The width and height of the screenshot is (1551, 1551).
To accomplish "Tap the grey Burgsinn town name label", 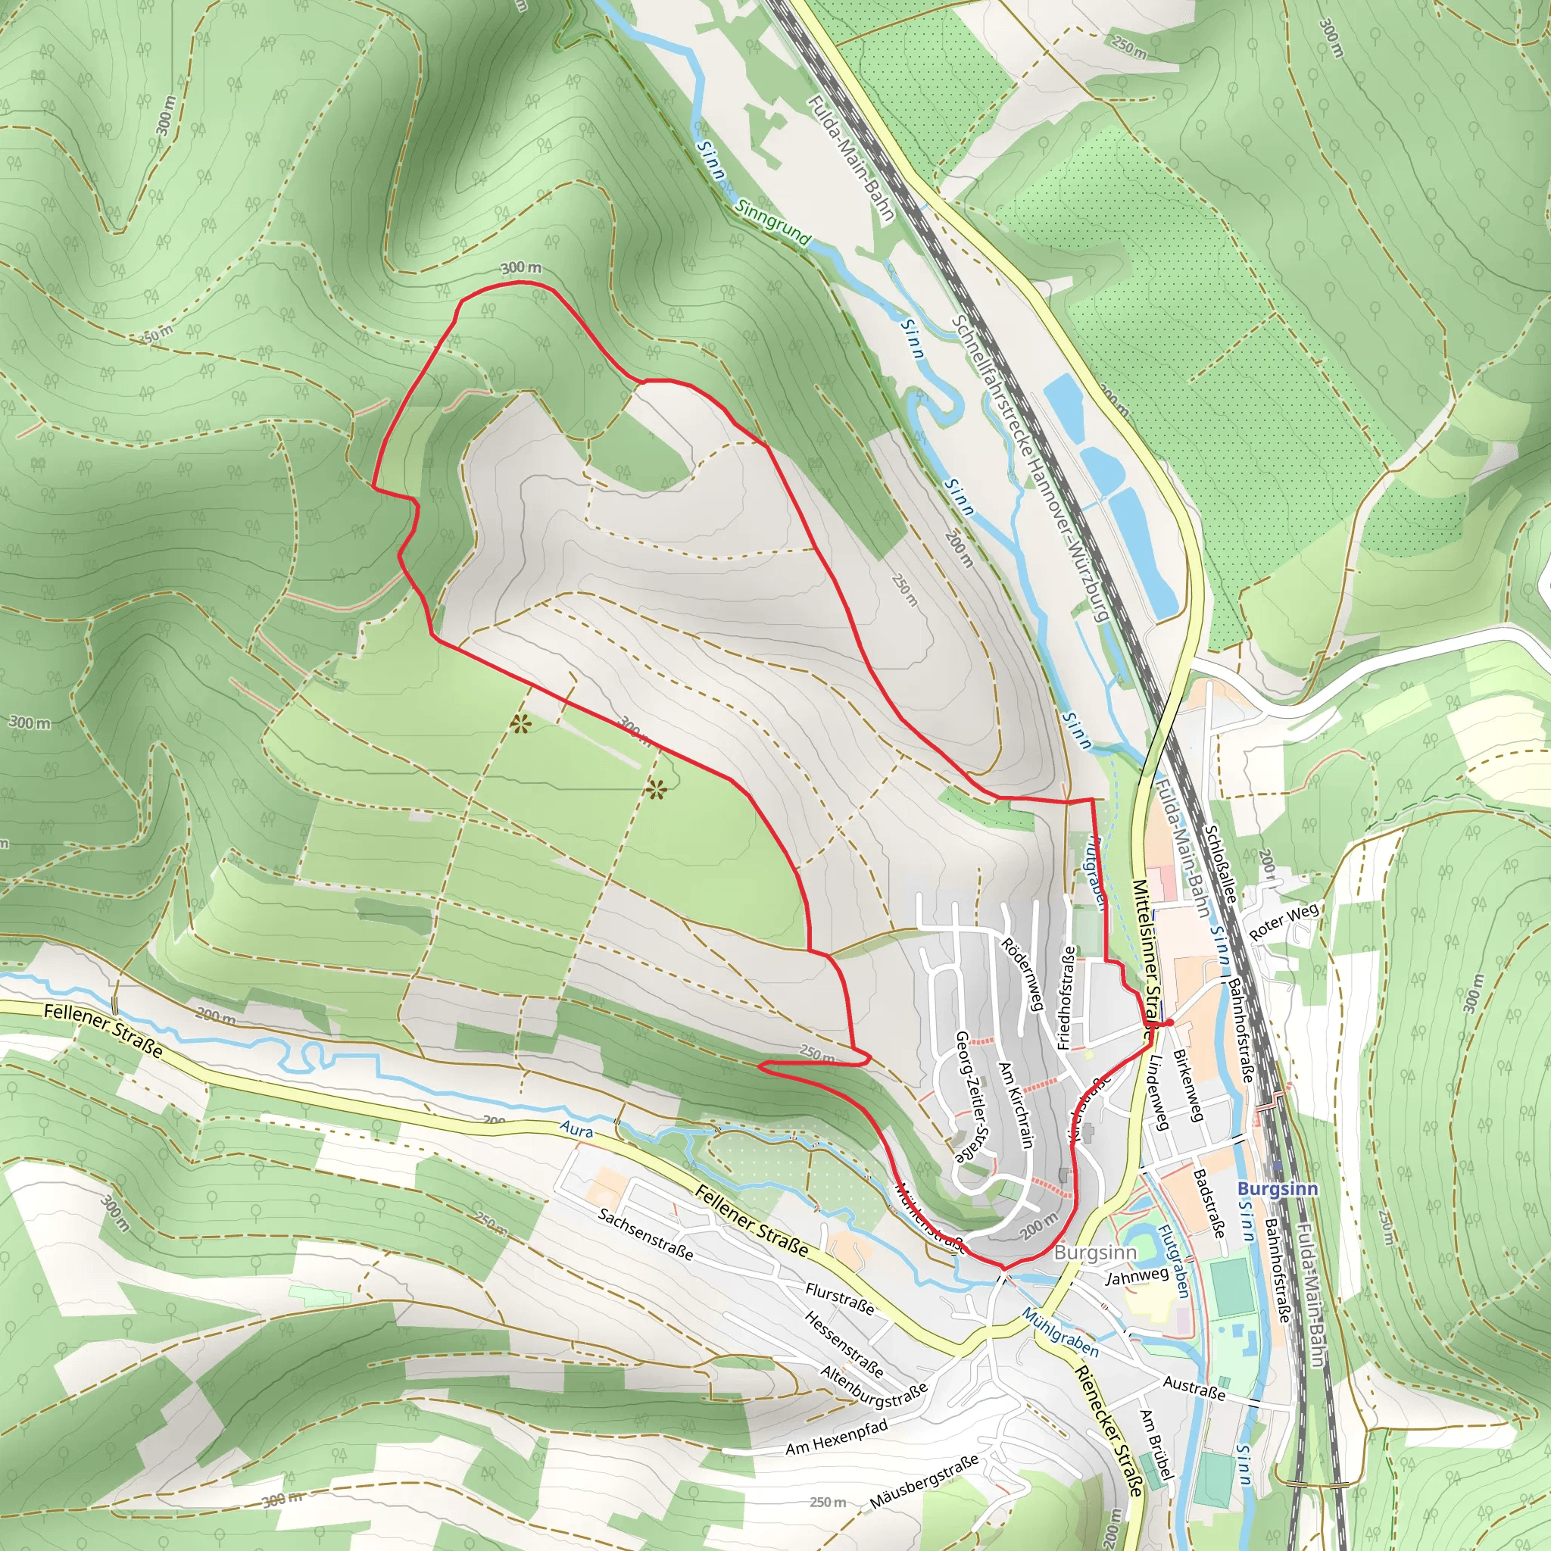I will click(x=1095, y=1253).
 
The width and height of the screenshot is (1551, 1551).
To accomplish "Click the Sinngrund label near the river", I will click(x=773, y=222).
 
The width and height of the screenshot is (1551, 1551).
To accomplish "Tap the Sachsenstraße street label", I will click(x=645, y=1233).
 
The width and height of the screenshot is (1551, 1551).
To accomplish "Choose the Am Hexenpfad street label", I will click(x=837, y=1437).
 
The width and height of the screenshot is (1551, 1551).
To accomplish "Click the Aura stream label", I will click(x=576, y=1131).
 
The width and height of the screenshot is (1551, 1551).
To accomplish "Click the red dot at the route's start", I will click(x=1169, y=1022).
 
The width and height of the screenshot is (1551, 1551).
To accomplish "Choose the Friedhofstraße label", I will click(x=1067, y=998).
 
